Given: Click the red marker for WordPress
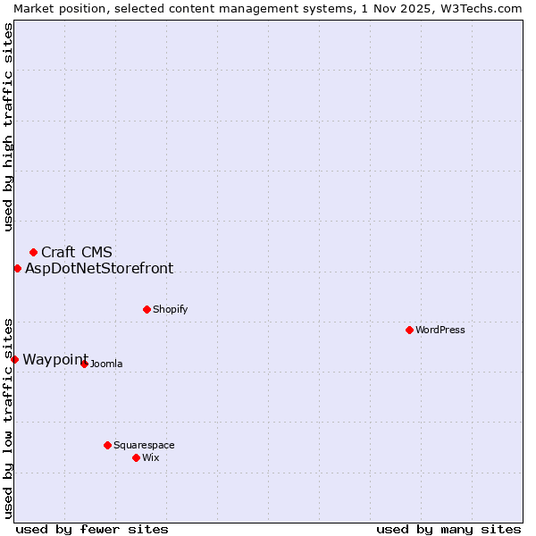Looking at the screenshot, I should click(x=409, y=330).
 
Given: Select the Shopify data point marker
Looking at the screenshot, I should click(x=147, y=309).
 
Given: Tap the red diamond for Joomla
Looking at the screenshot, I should click(x=84, y=364).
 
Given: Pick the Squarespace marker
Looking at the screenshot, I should click(x=107, y=445).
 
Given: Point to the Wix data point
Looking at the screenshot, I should click(x=136, y=457).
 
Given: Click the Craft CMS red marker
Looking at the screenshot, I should click(x=33, y=252).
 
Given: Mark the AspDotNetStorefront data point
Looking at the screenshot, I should click(x=17, y=268).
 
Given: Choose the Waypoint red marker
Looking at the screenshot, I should click(x=14, y=359).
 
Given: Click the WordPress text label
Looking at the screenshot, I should click(x=440, y=330).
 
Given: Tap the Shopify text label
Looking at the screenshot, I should click(x=170, y=309).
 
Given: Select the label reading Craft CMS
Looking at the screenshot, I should click(x=77, y=252).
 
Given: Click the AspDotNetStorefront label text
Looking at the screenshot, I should click(x=99, y=268).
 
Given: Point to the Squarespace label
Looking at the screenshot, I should click(x=144, y=445).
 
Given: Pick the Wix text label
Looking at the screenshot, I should click(x=150, y=457).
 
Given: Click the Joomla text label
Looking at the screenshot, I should click(x=106, y=364).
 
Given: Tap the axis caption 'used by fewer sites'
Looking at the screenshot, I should click(x=92, y=529).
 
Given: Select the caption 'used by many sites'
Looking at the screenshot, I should click(x=448, y=529).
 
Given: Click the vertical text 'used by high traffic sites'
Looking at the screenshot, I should click(x=8, y=127).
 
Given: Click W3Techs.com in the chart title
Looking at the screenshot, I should click(x=483, y=8).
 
